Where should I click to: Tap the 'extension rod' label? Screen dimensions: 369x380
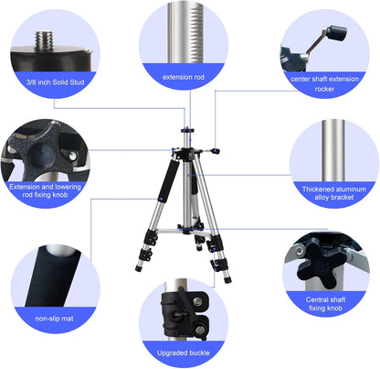point(184,78)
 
